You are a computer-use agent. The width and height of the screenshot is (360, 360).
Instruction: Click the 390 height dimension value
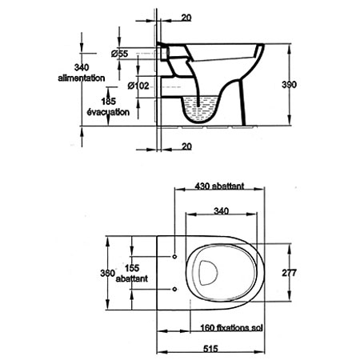coord(289,85)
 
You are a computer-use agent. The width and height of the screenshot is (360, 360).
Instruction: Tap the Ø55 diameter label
coord(119,54)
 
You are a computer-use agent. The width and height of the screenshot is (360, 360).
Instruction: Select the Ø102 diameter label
coord(138,86)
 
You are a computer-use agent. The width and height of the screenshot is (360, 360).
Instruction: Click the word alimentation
coord(82,78)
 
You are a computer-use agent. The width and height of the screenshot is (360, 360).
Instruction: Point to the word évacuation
coord(108,112)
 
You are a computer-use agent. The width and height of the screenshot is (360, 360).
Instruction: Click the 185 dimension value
coord(109,102)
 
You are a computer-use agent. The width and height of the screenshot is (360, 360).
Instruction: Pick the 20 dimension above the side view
coord(186,18)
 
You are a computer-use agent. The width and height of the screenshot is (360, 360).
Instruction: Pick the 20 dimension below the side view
coord(186,146)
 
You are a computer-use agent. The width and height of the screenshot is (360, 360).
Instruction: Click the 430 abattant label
coord(219,186)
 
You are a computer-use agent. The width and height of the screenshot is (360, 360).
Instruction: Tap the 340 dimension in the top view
coord(222,211)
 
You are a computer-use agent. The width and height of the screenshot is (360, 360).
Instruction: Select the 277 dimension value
coord(289,273)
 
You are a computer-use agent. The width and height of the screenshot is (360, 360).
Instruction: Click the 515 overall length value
coord(210,349)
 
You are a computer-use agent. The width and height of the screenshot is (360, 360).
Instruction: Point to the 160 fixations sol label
coord(231,327)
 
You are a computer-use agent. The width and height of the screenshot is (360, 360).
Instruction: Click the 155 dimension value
coord(132,268)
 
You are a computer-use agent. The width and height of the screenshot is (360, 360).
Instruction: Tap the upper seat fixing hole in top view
coord(174,257)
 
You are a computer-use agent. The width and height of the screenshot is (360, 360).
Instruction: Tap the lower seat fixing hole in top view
coord(174,289)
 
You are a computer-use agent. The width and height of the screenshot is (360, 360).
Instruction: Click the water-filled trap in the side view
coord(200,110)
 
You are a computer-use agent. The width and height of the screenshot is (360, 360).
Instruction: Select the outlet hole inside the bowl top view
coord(208,273)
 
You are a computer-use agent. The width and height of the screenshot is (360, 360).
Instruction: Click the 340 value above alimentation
coord(82,67)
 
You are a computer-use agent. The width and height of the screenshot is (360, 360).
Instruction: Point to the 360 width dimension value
coord(107,273)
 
